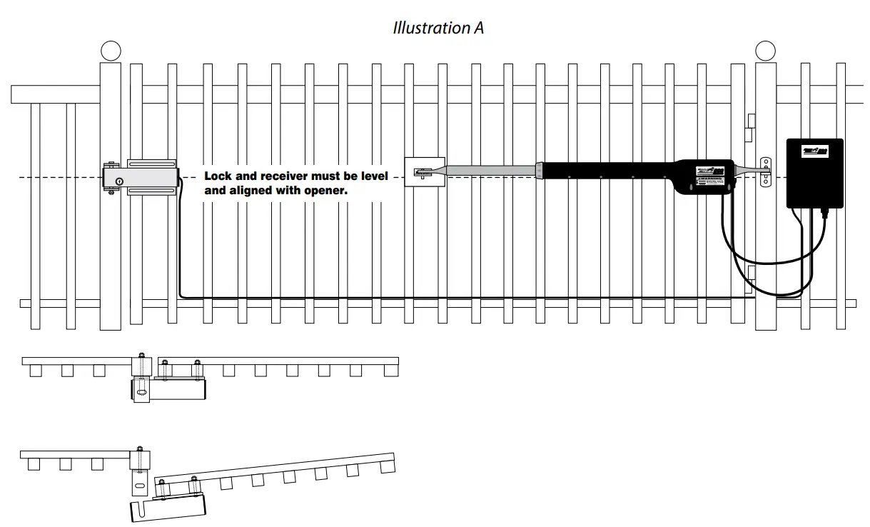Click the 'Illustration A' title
click(x=438, y=28)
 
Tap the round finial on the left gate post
click(x=111, y=51)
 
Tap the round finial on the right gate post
click(x=765, y=51)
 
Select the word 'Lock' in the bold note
click(x=219, y=176)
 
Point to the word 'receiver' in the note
click(x=283, y=176)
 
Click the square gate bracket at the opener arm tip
click(x=425, y=172)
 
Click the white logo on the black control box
click(x=814, y=151)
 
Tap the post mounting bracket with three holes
click(x=766, y=171)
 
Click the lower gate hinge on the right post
click(x=750, y=273)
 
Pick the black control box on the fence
click(x=814, y=174)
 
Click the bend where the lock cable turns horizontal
click(x=181, y=293)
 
